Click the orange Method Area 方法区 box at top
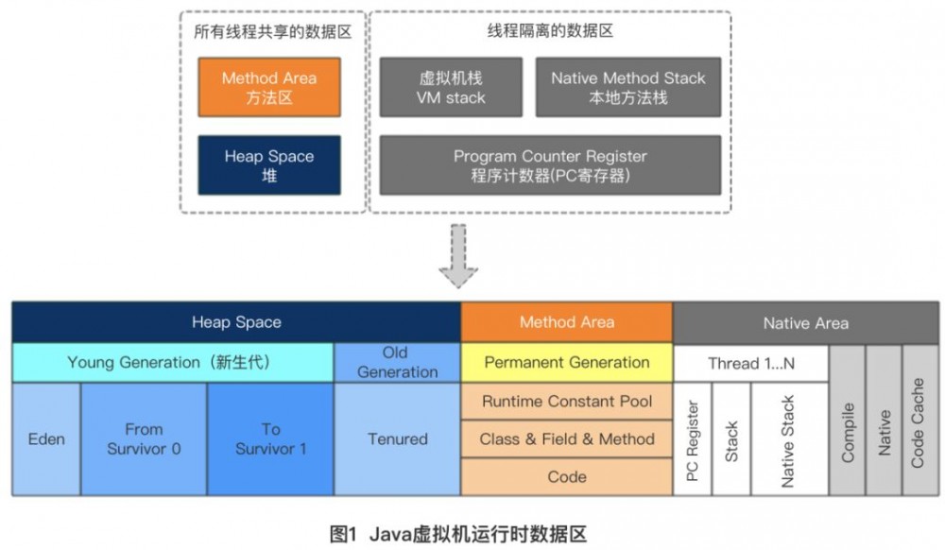coord(269,88)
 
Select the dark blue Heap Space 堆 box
coord(269,165)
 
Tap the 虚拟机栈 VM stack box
coord(451,88)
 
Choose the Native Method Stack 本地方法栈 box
coord(628,88)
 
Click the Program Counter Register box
coord(550,165)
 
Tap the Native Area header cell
coord(805,323)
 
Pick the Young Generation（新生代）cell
coord(173,363)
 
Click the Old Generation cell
coord(397,363)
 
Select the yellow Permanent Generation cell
coord(567,363)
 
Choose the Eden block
coord(46,439)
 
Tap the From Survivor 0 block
coord(144,439)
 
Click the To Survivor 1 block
coord(270,439)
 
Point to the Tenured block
coord(397,439)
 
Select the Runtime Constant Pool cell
coord(567,402)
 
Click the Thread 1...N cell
coord(751,363)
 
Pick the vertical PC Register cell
coord(693,439)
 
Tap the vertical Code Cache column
coord(919,421)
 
